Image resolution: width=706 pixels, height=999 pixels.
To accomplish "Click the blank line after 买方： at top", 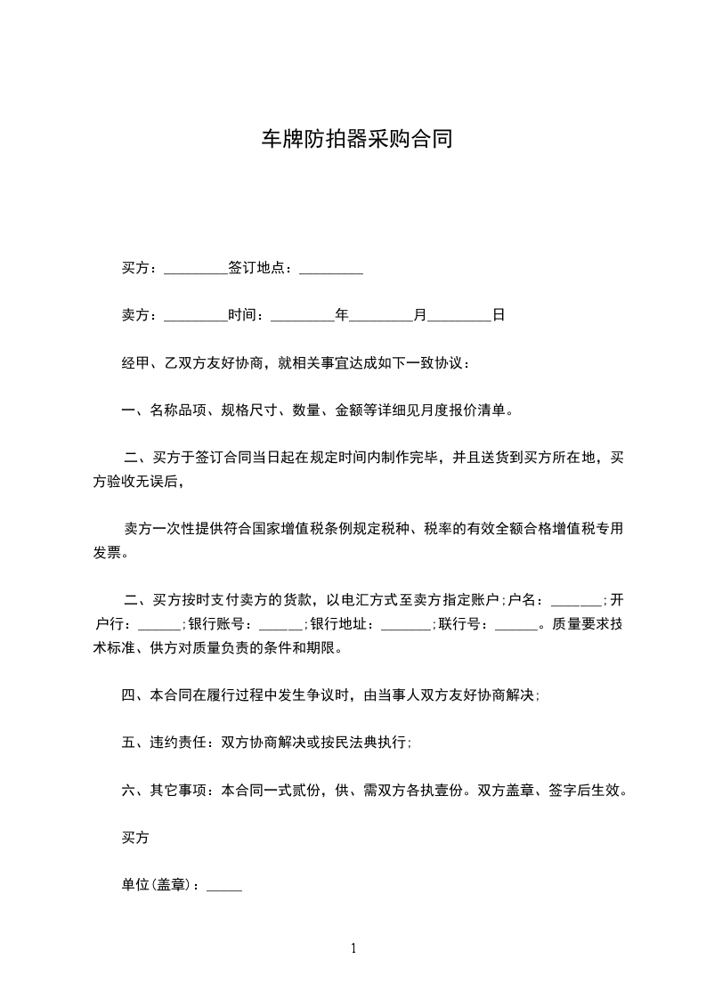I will coord(197,269).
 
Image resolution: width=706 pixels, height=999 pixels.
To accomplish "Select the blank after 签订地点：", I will coord(331,269).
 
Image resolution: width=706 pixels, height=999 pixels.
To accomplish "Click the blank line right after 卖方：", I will coord(197,316).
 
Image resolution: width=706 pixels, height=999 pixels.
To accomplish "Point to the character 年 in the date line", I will coord(341,315).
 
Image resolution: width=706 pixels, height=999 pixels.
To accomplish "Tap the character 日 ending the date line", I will coord(499,315).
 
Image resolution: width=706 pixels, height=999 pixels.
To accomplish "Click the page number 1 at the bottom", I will coord(353,948).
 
